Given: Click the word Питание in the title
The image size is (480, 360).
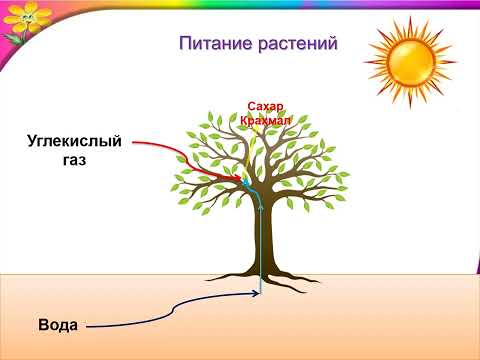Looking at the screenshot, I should point(215,44).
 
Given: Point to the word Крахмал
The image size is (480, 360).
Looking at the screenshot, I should point(264,120).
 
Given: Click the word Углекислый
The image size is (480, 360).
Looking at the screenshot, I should point(74,141).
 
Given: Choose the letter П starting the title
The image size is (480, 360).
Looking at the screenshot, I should point(185,44).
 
